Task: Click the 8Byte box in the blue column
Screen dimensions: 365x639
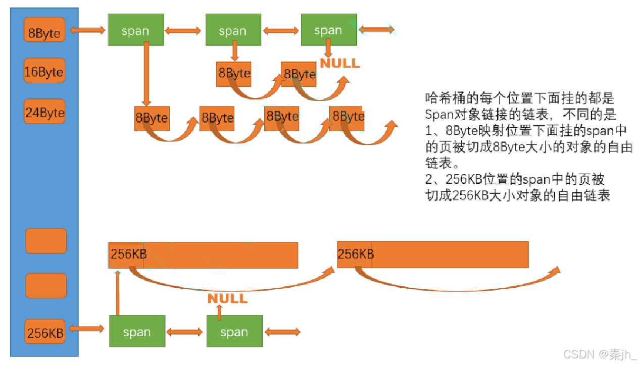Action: click(44, 30)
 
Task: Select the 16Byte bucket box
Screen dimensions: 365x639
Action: click(44, 72)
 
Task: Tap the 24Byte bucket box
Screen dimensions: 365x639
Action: click(45, 112)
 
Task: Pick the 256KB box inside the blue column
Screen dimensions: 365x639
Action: click(45, 332)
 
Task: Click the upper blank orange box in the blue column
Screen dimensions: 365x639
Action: click(46, 241)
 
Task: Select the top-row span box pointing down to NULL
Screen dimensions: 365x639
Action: click(328, 30)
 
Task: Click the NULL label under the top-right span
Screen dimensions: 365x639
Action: click(340, 63)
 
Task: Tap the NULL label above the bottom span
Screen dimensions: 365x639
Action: click(228, 298)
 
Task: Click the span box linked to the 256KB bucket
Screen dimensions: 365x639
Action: click(137, 331)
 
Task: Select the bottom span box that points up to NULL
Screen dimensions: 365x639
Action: click(234, 331)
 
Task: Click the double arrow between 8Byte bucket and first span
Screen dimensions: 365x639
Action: click(86, 31)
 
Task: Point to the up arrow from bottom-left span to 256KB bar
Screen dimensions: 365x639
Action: click(118, 293)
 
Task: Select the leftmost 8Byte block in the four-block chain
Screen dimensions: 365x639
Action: click(152, 119)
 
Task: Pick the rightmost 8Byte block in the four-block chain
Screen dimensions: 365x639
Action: click(348, 117)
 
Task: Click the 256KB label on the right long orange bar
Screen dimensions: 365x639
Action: click(356, 254)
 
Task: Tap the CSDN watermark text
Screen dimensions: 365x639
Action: click(600, 354)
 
